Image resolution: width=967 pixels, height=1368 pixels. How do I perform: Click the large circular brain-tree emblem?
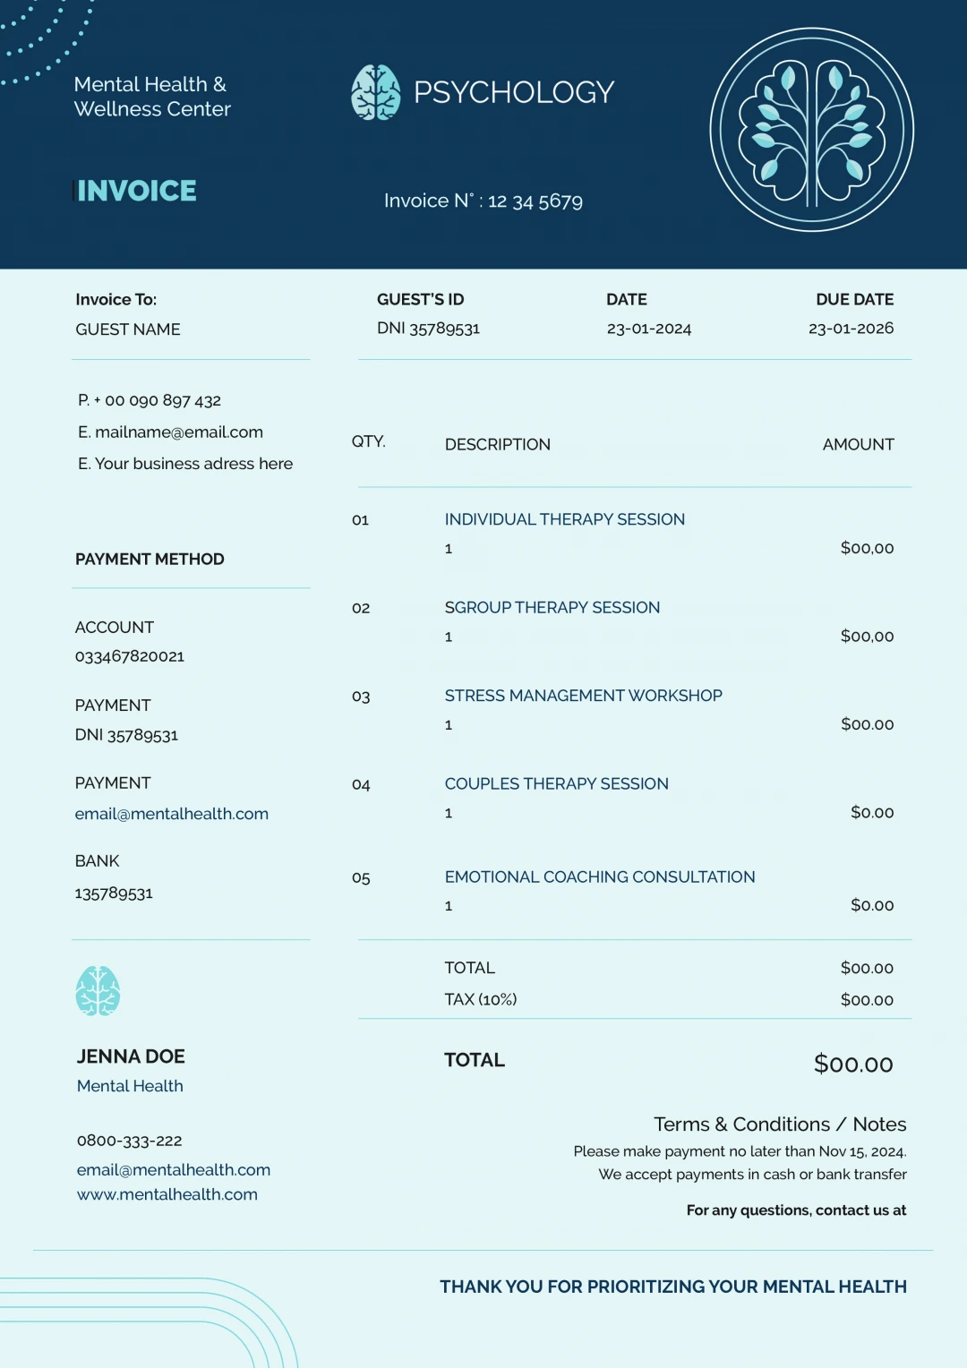pyautogui.click(x=811, y=130)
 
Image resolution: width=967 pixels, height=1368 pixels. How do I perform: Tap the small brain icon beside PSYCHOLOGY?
pyautogui.click(x=375, y=92)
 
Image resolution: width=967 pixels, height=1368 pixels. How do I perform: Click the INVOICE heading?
pyautogui.click(x=136, y=191)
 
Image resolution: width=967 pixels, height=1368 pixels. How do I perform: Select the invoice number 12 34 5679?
pyautogui.click(x=535, y=201)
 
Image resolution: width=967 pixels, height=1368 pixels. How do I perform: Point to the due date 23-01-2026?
pyautogui.click(x=851, y=329)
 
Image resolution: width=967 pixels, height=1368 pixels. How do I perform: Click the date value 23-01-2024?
pyautogui.click(x=648, y=329)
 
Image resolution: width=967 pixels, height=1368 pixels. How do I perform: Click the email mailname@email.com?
pyautogui.click(x=178, y=432)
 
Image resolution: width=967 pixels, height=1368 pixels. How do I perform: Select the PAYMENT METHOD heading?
pyautogui.click(x=150, y=560)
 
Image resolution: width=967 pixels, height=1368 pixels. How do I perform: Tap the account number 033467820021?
pyautogui.click(x=130, y=656)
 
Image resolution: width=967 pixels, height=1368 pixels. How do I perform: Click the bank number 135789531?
pyautogui.click(x=114, y=893)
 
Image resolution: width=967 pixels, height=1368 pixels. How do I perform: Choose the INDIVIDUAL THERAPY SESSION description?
pyautogui.click(x=564, y=519)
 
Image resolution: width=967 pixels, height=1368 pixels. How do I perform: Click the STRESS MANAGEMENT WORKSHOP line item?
pyautogui.click(x=583, y=696)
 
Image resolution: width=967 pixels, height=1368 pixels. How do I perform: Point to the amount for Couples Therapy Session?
pyautogui.click(x=871, y=813)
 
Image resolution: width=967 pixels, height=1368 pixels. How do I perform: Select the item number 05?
pyautogui.click(x=361, y=878)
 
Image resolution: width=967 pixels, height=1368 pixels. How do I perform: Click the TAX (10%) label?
pyautogui.click(x=480, y=999)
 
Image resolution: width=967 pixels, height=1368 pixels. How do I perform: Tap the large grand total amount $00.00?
pyautogui.click(x=852, y=1064)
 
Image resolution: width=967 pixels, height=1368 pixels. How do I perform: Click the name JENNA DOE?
pyautogui.click(x=131, y=1056)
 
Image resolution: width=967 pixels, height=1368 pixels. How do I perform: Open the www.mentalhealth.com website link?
pyautogui.click(x=167, y=1194)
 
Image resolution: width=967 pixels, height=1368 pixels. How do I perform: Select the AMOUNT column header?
pyautogui.click(x=858, y=445)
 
